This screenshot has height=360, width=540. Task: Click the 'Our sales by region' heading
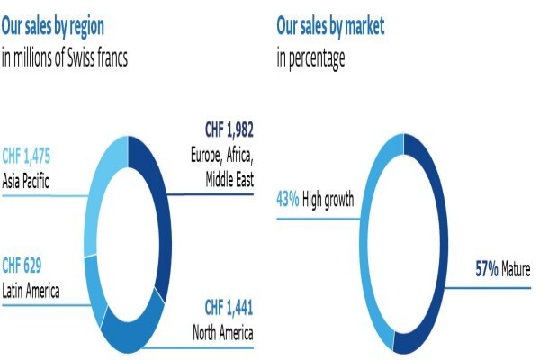pos(53,26)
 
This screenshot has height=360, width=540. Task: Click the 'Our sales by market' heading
pos(330,26)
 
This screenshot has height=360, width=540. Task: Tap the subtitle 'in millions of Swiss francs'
pos(65,58)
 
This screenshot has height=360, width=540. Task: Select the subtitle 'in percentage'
pos(311,58)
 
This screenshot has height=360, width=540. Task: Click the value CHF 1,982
pos(229,130)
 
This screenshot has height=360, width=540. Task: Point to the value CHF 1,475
pos(26,156)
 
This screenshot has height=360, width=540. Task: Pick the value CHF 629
pos(22,265)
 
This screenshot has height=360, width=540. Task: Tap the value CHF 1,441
pos(229,307)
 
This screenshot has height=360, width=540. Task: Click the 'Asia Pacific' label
pos(25,181)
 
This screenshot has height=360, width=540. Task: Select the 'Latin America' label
pos(31,291)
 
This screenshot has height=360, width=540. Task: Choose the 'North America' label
pos(223,332)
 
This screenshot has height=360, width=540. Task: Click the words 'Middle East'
pos(229,179)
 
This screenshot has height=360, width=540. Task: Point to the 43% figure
pos(288,199)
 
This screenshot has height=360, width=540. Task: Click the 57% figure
pos(487,269)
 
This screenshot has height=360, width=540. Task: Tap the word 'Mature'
pos(516,269)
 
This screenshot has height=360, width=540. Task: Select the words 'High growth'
pos(328,200)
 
